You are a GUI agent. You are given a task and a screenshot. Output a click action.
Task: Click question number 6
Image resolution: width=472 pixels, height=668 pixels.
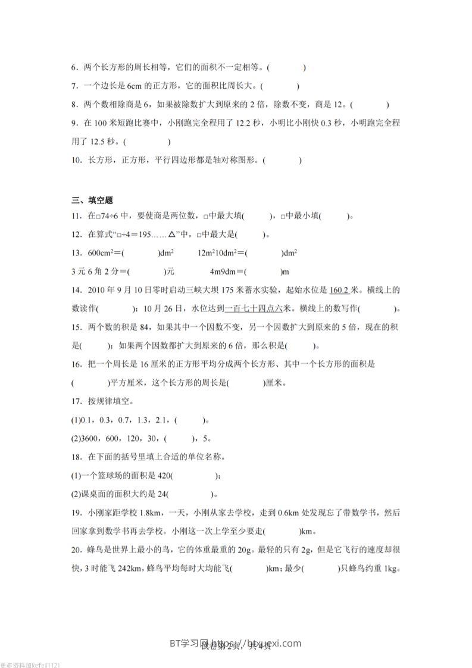click(74, 68)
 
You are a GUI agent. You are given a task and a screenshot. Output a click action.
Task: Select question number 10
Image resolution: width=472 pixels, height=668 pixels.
click(76, 160)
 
